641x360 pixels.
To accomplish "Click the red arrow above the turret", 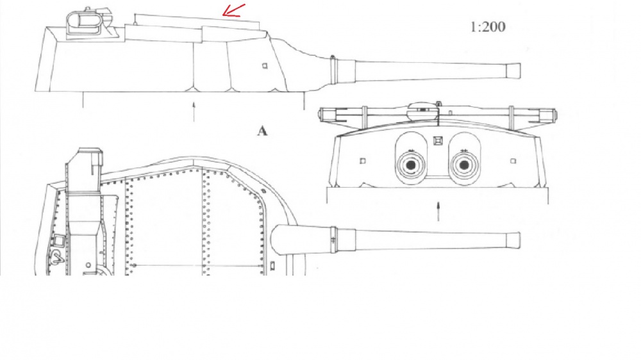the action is (x=233, y=11).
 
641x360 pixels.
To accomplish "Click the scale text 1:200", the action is (x=488, y=27).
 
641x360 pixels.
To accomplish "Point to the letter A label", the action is (x=262, y=131).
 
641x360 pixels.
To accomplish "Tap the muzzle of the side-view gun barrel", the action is (x=514, y=71).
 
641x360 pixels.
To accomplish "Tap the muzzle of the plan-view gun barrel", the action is (x=514, y=240).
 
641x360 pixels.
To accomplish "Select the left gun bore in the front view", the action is (x=410, y=165).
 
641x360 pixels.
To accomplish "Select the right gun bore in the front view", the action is (x=464, y=165).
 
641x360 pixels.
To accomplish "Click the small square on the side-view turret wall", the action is (x=265, y=65).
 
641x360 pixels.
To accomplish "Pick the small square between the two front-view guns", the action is (x=437, y=141).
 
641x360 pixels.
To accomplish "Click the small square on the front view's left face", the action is (x=363, y=161).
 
